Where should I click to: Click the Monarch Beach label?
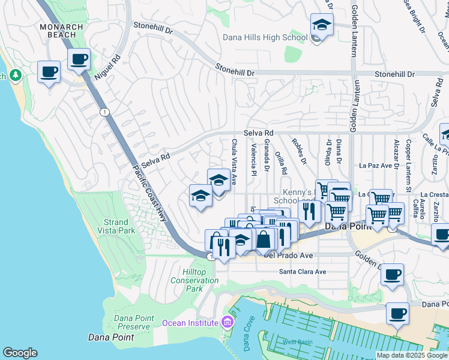pos(58,31)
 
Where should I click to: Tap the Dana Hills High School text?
pos(265,37)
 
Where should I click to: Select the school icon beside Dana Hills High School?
pos(322,26)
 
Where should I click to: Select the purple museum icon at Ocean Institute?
pos(226,323)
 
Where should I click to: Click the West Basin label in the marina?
pos(295,342)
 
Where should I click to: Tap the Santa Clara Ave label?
pos(303,272)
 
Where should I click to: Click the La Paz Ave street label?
pos(375,165)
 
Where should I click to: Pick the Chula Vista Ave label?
pos(234,154)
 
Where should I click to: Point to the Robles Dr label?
pos(298,152)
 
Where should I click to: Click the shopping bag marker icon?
pos(264,239)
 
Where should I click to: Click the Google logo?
pos(20,353)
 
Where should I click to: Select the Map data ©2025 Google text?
pos(411,355)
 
